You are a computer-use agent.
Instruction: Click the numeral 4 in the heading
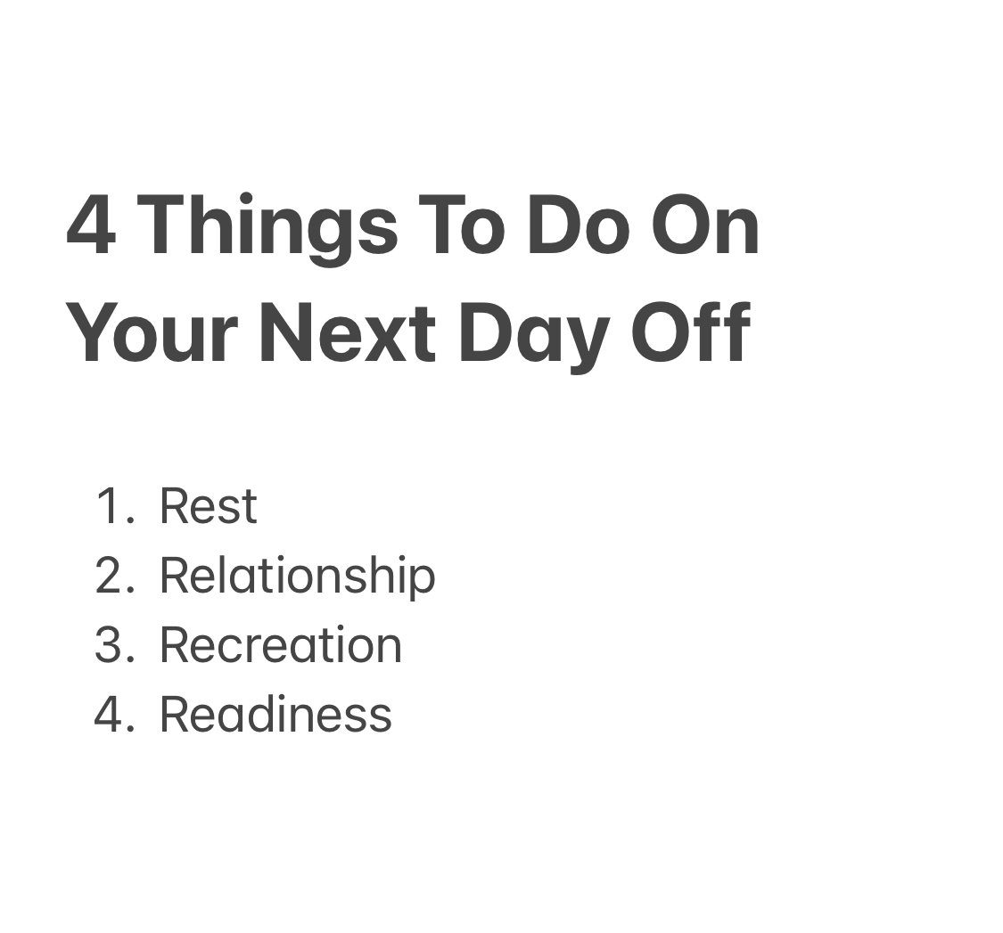(x=91, y=226)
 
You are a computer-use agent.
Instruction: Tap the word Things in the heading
(x=267, y=228)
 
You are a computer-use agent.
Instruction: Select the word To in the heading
(x=461, y=226)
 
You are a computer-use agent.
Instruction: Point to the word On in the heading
(x=705, y=226)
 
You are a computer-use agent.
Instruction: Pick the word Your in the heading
(x=152, y=333)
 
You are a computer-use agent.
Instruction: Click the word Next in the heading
(x=347, y=333)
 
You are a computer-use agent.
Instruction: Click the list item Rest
(x=209, y=506)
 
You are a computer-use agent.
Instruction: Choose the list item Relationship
(x=297, y=576)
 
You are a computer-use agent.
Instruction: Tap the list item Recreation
(x=281, y=645)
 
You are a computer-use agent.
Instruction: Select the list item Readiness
(x=275, y=715)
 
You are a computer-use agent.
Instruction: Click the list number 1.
(x=113, y=506)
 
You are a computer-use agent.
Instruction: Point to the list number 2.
(x=113, y=576)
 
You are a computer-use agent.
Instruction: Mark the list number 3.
(x=113, y=645)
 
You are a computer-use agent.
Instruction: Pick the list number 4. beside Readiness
(x=113, y=715)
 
